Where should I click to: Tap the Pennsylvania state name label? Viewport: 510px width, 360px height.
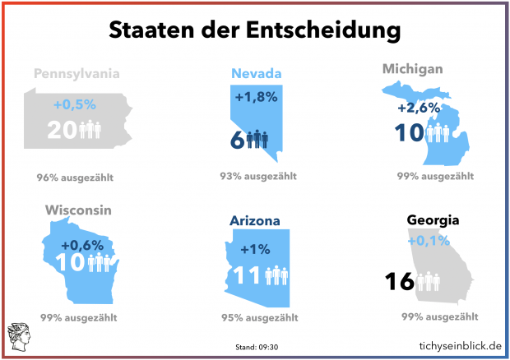(x=76, y=74)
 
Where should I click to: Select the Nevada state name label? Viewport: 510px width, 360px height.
(x=256, y=74)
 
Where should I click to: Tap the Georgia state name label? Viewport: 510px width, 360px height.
(x=435, y=220)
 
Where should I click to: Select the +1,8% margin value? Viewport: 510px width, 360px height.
(x=256, y=98)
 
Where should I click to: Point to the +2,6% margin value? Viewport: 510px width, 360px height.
(x=419, y=108)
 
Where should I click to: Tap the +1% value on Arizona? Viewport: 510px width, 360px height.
(x=254, y=249)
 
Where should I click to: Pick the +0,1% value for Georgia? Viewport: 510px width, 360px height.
(x=427, y=241)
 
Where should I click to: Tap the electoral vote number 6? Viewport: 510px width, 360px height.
(x=236, y=140)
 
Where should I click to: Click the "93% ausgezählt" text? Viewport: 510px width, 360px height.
(x=256, y=177)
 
